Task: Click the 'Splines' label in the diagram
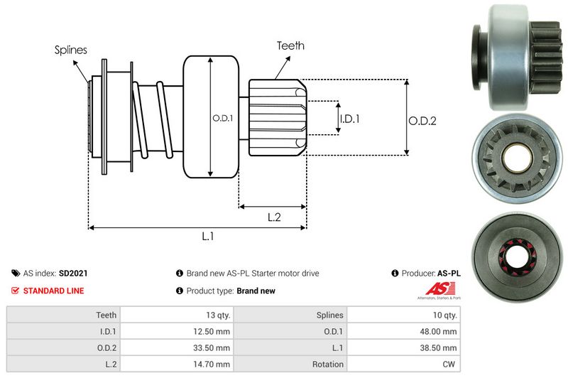(x=70, y=50)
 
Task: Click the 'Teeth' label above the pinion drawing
(x=290, y=45)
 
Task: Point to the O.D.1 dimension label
(x=222, y=118)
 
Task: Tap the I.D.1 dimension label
(x=349, y=119)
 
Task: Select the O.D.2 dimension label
(x=422, y=121)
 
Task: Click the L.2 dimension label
(x=275, y=218)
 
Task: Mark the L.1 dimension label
(x=208, y=237)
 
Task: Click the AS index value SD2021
(x=73, y=273)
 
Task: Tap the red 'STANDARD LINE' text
(x=53, y=291)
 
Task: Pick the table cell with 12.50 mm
(x=212, y=331)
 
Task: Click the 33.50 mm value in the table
(x=212, y=348)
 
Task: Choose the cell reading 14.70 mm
(x=212, y=364)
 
